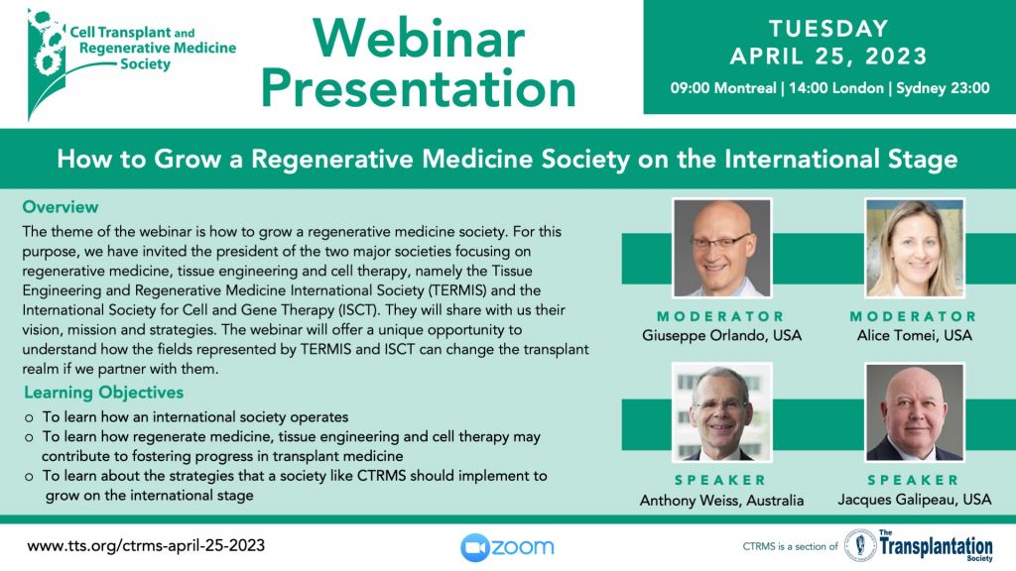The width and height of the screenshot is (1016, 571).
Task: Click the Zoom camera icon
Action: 474,547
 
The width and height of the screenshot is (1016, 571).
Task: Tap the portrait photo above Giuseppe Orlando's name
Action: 722,248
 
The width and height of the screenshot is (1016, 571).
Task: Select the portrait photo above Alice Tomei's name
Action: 914,248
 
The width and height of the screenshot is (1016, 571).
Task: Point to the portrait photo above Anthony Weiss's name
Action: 722,412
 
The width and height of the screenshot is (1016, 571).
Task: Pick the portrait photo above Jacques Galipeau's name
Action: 914,412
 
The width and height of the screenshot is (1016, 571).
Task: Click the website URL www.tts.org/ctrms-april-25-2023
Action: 146,546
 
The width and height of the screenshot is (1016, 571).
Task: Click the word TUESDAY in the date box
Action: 828,29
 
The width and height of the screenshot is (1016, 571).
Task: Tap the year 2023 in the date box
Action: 896,57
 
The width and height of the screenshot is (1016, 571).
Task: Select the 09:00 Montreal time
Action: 723,88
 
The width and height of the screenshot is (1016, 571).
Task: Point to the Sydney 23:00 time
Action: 943,88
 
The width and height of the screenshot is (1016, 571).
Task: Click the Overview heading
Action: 61,207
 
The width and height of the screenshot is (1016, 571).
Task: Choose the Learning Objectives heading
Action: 103,393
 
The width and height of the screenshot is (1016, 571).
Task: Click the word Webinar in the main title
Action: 419,39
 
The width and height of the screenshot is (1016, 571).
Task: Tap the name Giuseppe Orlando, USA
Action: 722,335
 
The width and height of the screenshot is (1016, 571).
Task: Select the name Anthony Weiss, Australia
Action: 722,500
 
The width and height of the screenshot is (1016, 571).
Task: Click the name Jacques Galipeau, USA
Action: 914,500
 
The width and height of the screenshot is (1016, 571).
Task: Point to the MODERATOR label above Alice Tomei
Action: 914,316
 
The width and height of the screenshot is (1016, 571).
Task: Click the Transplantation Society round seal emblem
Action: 860,545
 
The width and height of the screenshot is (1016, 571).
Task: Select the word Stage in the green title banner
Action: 921,160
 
